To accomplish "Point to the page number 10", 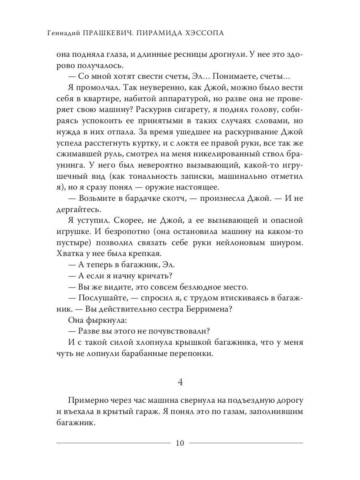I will (180, 443).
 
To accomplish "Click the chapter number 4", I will (180, 382).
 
